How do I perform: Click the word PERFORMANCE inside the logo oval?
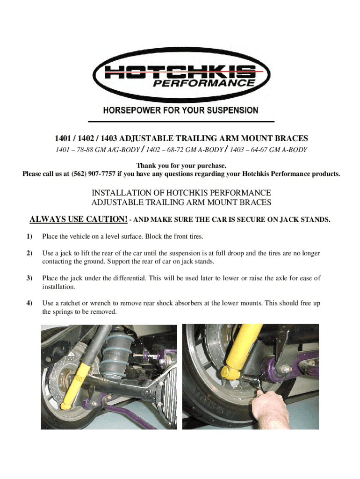204,83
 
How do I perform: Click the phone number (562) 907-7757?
93,174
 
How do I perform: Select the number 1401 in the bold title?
63,138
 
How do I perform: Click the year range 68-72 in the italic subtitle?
175,150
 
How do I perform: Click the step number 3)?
29,278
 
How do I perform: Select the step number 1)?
29,236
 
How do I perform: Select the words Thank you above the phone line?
151,166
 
